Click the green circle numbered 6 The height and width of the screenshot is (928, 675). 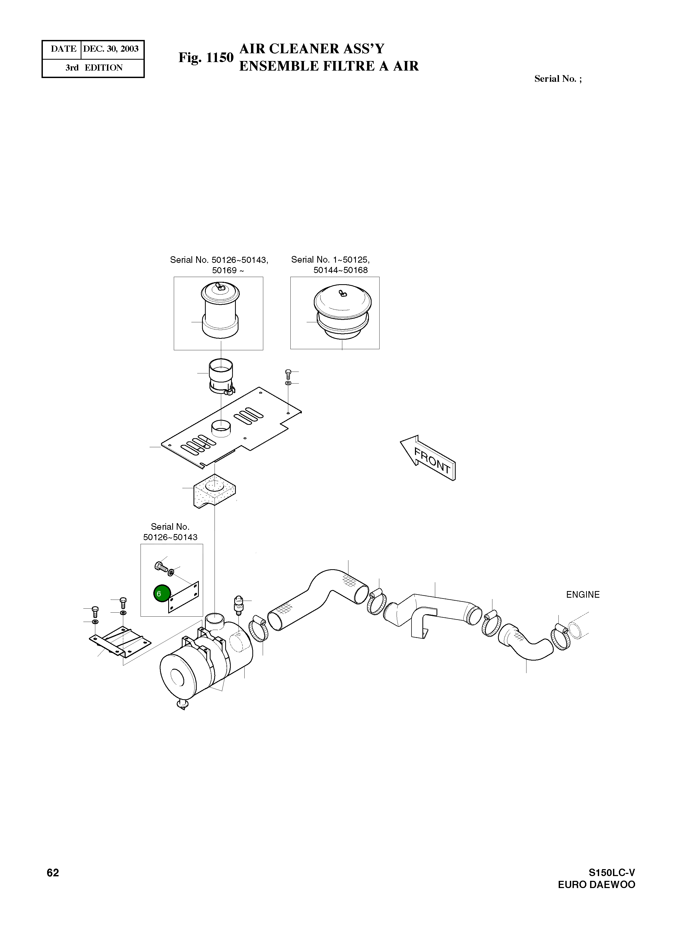[162, 593]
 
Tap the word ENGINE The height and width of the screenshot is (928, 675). [583, 595]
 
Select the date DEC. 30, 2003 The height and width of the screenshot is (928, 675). [111, 49]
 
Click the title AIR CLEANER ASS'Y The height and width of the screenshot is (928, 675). [311, 49]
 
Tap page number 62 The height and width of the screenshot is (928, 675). [53, 873]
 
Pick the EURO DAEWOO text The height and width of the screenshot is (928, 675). [596, 885]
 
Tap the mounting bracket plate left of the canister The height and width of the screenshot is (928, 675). [120, 641]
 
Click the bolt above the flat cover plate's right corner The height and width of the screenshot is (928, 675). [288, 372]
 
